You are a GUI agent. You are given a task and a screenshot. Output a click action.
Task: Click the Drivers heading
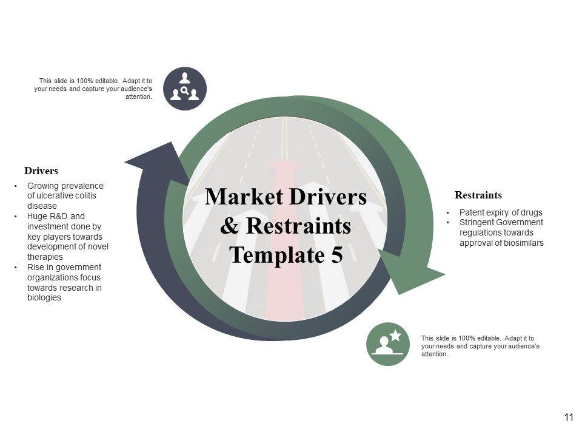tap(41, 171)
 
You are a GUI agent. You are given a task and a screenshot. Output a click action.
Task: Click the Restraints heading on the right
tap(478, 195)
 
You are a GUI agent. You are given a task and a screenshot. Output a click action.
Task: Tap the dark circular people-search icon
tap(185, 89)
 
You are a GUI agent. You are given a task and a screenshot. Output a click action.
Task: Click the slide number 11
tap(568, 417)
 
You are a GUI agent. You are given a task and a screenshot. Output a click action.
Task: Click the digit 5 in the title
tap(336, 255)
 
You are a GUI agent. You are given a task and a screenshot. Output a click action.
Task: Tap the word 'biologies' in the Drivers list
tap(44, 298)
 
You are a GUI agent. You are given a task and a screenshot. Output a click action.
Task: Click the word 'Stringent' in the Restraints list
tap(477, 222)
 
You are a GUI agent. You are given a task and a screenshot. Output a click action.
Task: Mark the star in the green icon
tap(395, 334)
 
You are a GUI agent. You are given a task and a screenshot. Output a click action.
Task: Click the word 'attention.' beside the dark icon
tap(138, 97)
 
